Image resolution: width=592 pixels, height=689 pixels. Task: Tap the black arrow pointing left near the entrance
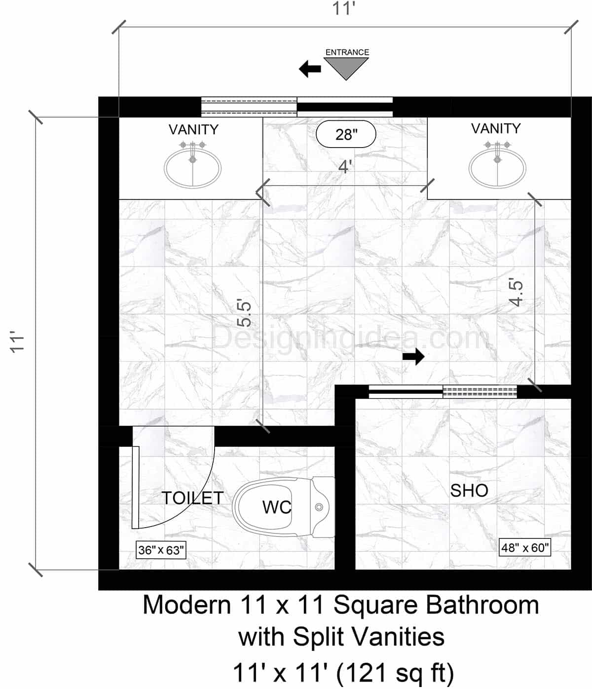click(x=310, y=69)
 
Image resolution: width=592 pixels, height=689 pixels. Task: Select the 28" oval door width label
click(x=346, y=134)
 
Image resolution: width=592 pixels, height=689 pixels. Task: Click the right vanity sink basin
click(x=497, y=168)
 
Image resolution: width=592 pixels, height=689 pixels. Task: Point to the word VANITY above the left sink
click(x=193, y=129)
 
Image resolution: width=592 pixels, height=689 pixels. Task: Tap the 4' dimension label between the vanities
click(x=345, y=167)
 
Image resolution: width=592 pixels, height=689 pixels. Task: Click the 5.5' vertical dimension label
click(x=245, y=313)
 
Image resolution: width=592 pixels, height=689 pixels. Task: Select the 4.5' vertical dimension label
click(x=516, y=293)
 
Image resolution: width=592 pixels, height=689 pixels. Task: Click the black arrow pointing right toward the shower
click(x=413, y=356)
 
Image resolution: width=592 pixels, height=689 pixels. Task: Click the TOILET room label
click(x=193, y=498)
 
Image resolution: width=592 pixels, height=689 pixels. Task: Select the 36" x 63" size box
click(x=161, y=550)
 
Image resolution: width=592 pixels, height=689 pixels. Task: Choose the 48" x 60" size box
click(x=525, y=547)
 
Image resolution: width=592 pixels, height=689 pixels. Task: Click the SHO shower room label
click(x=469, y=491)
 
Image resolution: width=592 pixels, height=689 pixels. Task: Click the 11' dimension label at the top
click(x=344, y=9)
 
